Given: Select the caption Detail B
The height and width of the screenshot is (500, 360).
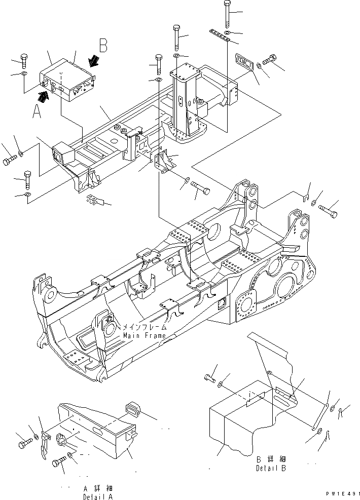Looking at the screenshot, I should coord(271,469).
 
